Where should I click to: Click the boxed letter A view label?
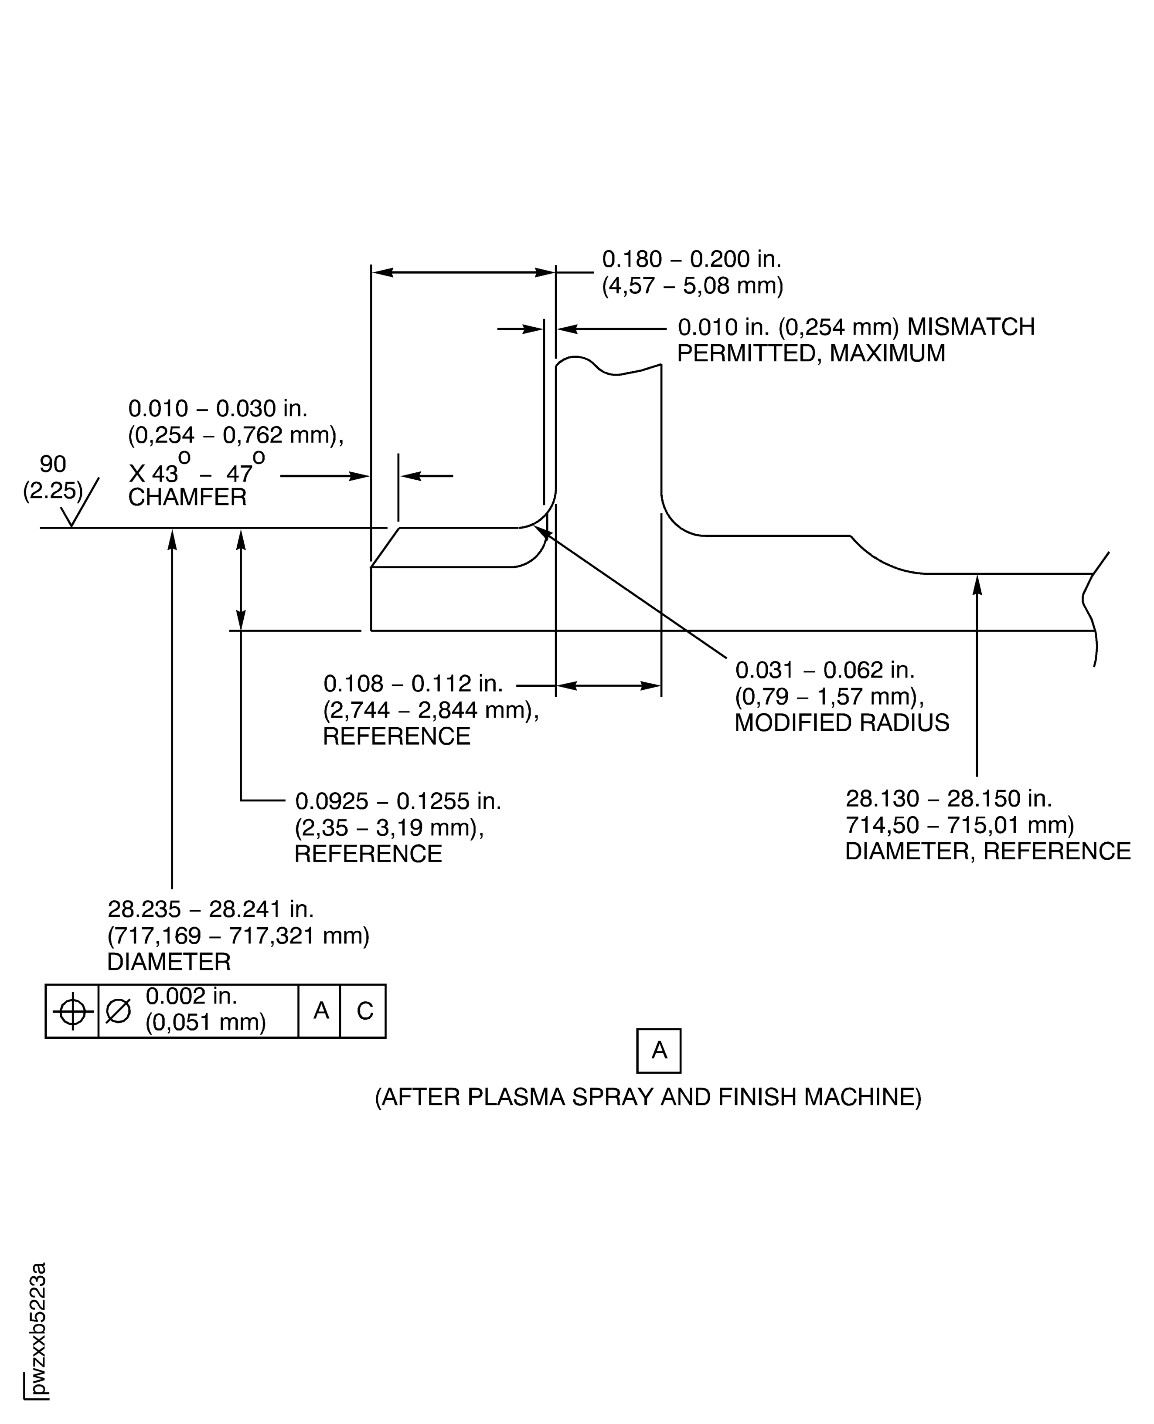click(x=658, y=1051)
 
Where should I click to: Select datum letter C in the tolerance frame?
click(x=364, y=1011)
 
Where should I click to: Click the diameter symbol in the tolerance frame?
click(x=118, y=1011)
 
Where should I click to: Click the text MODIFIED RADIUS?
click(x=841, y=722)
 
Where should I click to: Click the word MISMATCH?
click(x=970, y=327)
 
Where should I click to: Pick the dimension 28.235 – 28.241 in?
click(x=210, y=909)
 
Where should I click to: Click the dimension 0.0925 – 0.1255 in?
click(x=398, y=801)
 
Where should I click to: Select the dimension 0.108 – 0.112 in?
click(x=413, y=683)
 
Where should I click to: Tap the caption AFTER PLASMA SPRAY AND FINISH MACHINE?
click(x=648, y=1096)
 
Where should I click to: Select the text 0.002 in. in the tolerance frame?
click(x=191, y=996)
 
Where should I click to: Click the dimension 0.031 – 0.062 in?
click(x=824, y=669)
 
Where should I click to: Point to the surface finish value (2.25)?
click(x=52, y=490)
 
